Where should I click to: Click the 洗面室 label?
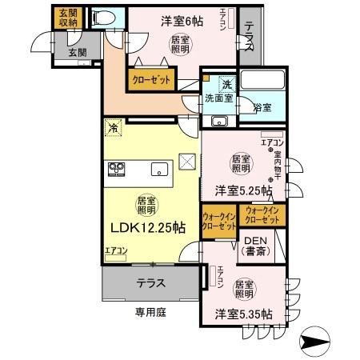click(218, 99)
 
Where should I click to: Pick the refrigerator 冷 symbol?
click(114, 128)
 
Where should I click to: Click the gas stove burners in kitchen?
click(118, 169)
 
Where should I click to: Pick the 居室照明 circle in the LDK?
click(145, 204)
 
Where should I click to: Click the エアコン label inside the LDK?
click(116, 250)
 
